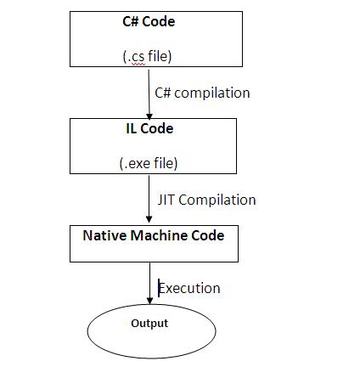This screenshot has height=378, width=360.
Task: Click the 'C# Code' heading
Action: [148, 22]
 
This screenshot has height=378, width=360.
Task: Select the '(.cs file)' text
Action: [148, 57]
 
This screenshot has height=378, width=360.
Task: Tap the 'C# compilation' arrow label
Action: [202, 92]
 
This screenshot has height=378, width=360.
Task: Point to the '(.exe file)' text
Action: [148, 163]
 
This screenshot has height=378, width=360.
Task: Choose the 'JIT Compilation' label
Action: [206, 200]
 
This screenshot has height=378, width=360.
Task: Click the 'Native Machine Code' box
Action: [154, 244]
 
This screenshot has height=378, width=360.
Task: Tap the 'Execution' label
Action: [189, 288]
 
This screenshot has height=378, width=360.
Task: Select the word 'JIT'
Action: [166, 200]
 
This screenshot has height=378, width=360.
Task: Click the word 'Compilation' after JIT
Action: [217, 200]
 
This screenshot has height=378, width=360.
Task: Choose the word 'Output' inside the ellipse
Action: [149, 324]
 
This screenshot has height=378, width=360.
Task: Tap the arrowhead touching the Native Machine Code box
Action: [149, 219]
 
